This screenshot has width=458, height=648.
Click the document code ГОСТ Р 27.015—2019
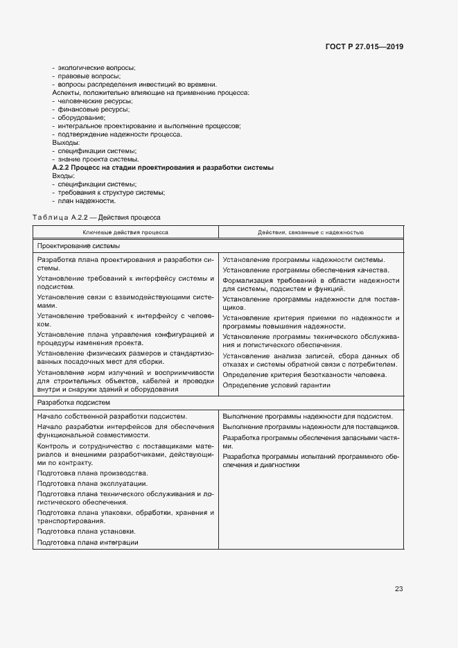(364, 47)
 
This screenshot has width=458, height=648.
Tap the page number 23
(398, 589)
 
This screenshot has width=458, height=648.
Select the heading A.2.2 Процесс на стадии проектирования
(163, 168)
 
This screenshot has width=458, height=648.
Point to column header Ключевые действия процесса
(125, 232)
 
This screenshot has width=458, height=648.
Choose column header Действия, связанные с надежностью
(310, 232)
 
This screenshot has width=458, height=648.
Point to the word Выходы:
(67, 142)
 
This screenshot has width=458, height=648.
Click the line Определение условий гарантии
(276, 385)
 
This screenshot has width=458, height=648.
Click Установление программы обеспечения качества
(306, 270)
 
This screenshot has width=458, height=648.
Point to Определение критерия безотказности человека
(304, 374)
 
